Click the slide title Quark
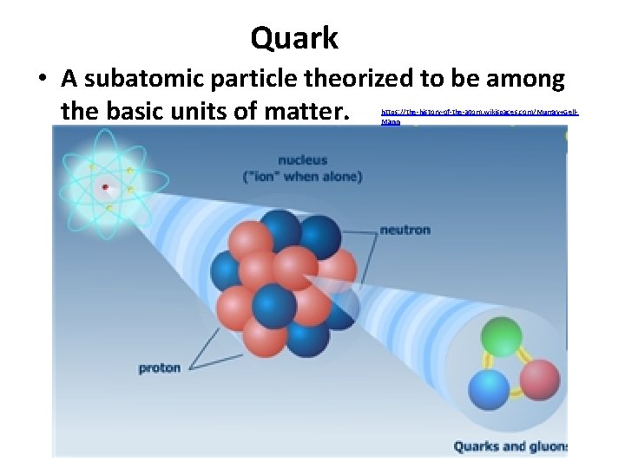(x=294, y=38)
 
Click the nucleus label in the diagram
(x=303, y=160)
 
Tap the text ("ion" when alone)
(x=303, y=177)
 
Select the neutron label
(x=405, y=231)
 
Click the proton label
(x=160, y=367)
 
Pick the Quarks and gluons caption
(x=510, y=446)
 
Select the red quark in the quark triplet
(x=539, y=379)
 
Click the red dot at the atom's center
(x=105, y=186)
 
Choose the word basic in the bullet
(x=135, y=112)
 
